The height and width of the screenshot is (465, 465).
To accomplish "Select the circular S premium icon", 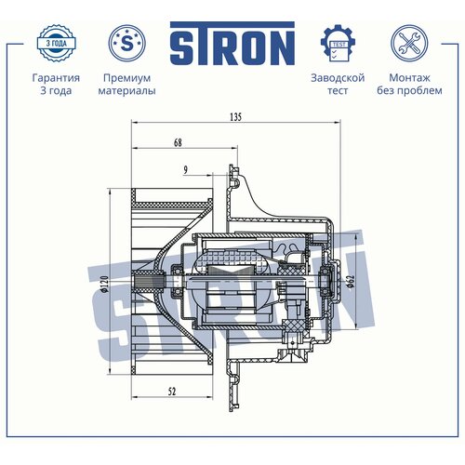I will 126,43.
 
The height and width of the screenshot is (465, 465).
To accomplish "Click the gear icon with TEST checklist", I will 338,43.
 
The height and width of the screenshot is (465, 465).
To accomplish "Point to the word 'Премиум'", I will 126,78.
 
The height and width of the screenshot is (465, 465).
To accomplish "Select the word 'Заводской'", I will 338,78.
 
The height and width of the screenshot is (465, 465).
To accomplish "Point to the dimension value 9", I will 186,169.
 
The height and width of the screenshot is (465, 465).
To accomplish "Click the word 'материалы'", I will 126,92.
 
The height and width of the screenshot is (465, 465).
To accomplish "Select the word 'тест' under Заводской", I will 338,92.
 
